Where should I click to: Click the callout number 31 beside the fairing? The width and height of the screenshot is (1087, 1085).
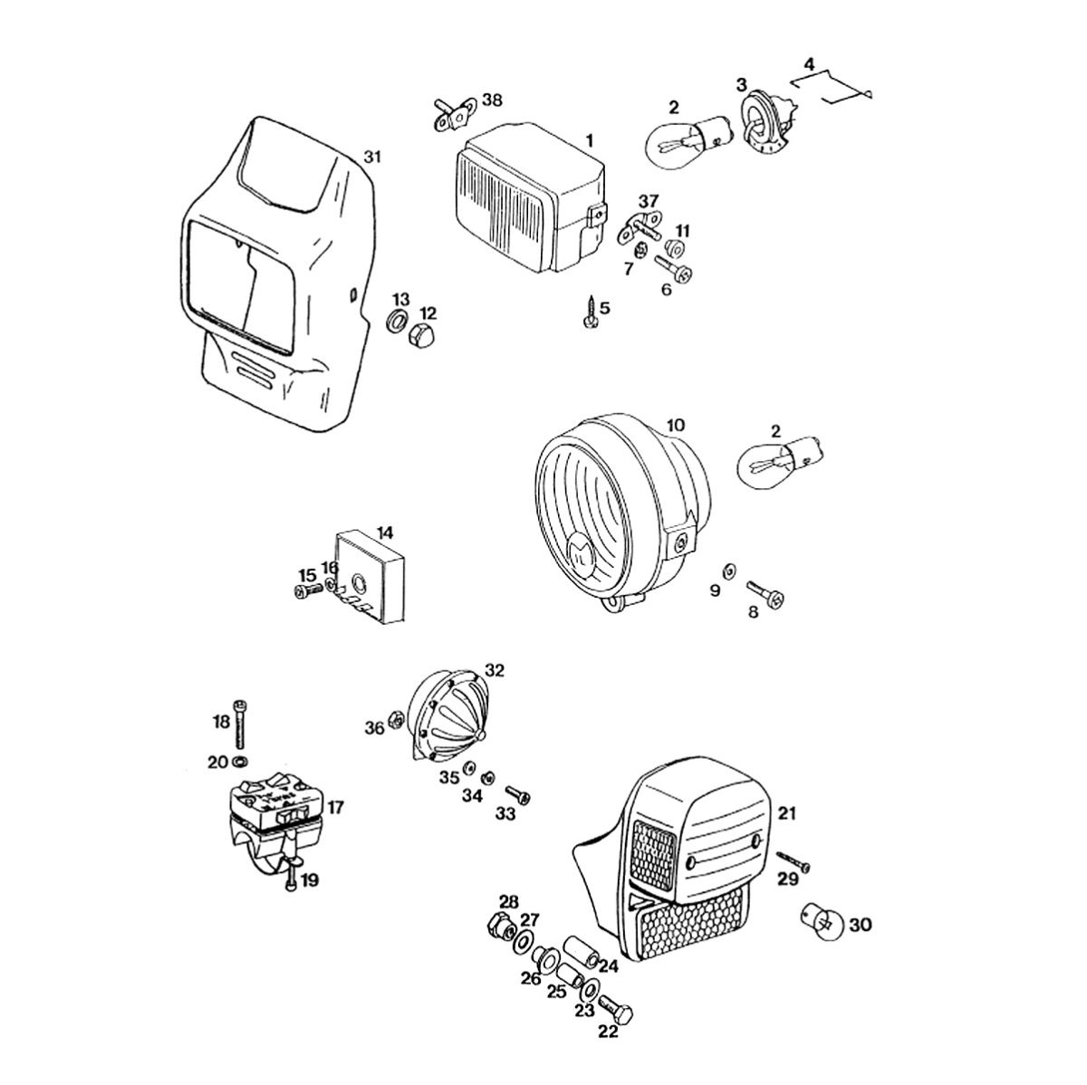[372, 157]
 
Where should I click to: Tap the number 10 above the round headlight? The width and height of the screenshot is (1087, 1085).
[677, 426]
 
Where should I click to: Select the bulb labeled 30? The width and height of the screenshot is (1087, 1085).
[822, 919]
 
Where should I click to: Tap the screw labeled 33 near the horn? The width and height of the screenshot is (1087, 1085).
[517, 794]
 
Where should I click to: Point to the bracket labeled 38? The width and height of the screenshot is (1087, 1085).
[453, 114]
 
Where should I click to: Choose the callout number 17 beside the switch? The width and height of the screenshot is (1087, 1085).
[335, 805]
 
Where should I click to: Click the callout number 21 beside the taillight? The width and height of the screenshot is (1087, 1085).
[786, 812]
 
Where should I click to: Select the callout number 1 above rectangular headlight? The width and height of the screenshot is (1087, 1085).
[589, 141]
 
